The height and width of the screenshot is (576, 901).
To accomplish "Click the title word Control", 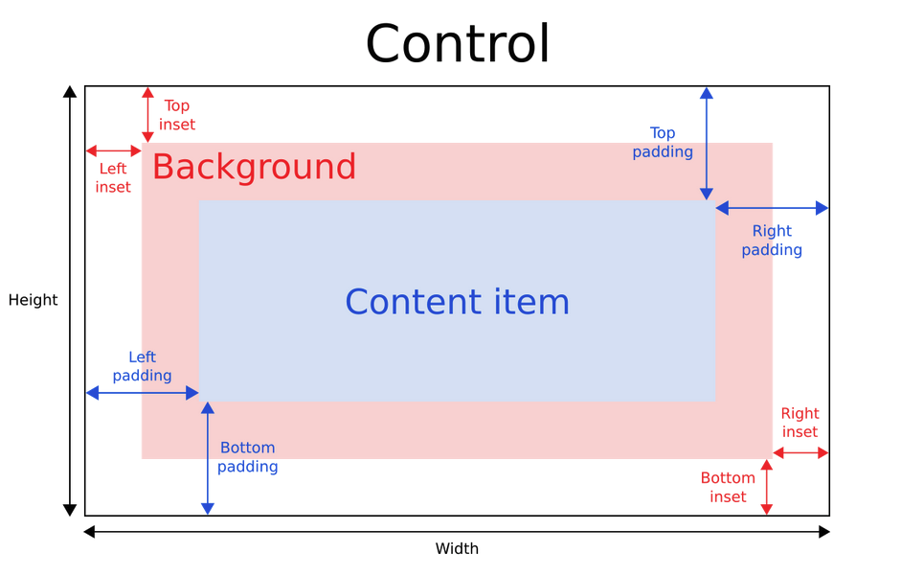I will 458,44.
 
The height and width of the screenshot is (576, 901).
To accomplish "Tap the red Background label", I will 254,167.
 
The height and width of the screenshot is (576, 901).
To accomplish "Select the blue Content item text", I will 457,302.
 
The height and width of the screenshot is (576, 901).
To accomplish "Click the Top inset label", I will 177,115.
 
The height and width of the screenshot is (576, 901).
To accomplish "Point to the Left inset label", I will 113,178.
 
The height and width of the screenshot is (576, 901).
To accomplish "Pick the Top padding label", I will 663,143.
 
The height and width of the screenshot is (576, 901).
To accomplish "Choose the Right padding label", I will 772,241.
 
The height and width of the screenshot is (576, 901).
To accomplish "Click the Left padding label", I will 142,366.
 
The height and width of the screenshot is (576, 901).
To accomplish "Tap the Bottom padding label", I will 247,457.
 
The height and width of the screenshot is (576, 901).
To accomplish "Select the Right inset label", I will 800,423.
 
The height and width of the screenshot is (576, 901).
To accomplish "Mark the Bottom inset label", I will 728,487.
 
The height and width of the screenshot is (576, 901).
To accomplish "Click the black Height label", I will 33,300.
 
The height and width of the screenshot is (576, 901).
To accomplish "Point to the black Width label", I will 457,549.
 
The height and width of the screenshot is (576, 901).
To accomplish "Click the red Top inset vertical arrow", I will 147,115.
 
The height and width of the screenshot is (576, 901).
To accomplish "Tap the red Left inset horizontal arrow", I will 114,151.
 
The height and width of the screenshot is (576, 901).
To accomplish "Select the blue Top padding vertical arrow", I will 707,144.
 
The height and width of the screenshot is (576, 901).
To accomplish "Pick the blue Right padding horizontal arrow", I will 772,208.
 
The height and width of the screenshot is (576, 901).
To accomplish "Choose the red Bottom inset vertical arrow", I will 766,487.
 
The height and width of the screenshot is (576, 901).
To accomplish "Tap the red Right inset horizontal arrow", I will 800,452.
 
